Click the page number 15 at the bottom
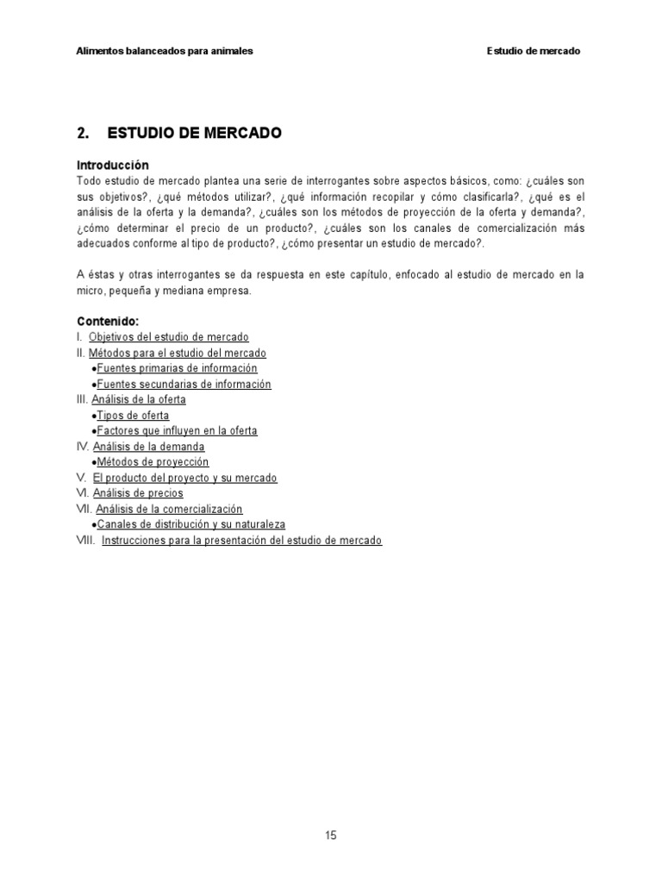pyautogui.click(x=331, y=835)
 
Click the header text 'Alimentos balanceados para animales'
pyautogui.click(x=165, y=51)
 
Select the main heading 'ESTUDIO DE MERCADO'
pyautogui.click(x=194, y=134)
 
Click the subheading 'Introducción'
pyautogui.click(x=113, y=165)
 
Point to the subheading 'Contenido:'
pyautogui.click(x=108, y=322)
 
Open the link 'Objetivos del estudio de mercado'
pyautogui.click(x=169, y=337)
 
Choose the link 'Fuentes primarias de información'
pyautogui.click(x=177, y=368)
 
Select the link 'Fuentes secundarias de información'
pyautogui.click(x=184, y=384)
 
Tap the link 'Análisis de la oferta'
pyautogui.click(x=139, y=399)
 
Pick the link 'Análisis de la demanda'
pyautogui.click(x=149, y=447)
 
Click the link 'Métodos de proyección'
pyautogui.click(x=153, y=462)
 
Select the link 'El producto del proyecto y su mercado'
pyautogui.click(x=184, y=478)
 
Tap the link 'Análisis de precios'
pyautogui.click(x=138, y=493)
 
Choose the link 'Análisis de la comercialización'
pyautogui.click(x=169, y=509)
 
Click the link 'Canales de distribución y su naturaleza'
pyautogui.click(x=190, y=524)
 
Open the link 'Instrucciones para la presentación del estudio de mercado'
pyautogui.click(x=241, y=540)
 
